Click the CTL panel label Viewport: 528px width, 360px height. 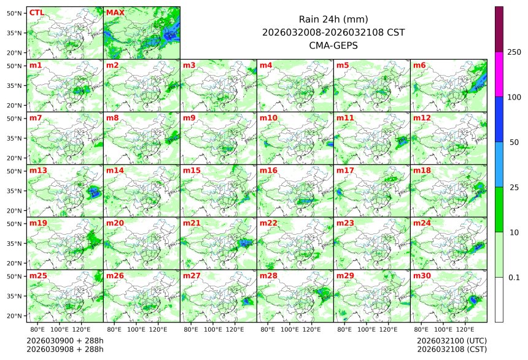(x=36, y=12)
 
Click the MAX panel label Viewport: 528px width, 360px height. (x=115, y=12)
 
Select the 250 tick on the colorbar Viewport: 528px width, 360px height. (x=514, y=52)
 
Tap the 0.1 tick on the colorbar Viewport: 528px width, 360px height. (x=514, y=277)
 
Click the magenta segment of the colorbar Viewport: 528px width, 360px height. (x=499, y=74)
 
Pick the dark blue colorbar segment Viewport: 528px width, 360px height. (x=499, y=119)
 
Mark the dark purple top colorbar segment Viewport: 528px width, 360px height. (x=499, y=29)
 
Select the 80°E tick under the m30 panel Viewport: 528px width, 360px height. (x=421, y=329)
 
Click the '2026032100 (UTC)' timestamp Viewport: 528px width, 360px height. (x=451, y=340)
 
